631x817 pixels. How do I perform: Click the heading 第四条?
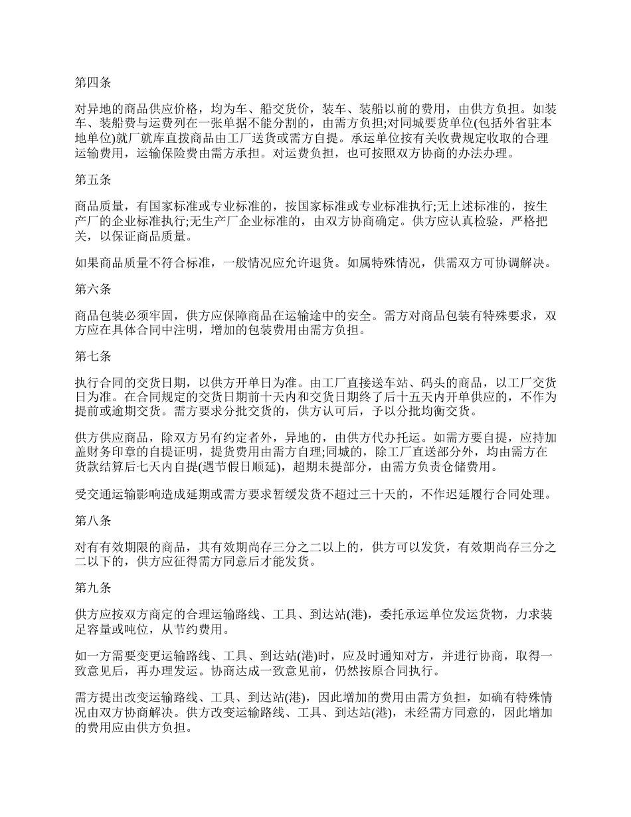92,83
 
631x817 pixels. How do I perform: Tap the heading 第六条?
92,290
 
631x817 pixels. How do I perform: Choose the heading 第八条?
92,521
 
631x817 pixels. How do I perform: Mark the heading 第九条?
92,588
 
